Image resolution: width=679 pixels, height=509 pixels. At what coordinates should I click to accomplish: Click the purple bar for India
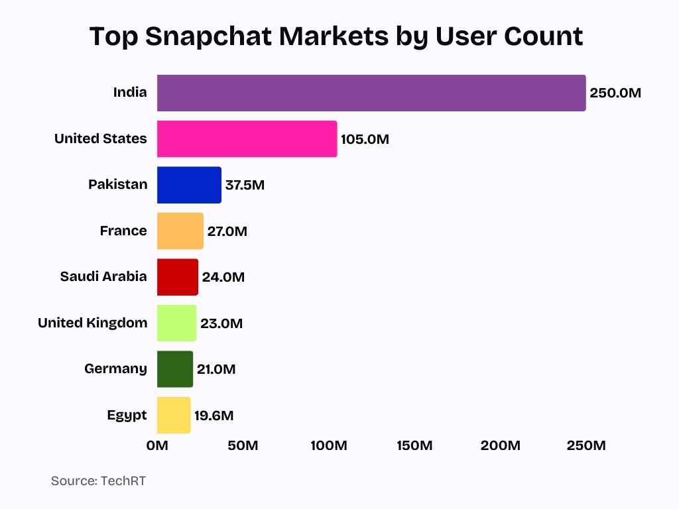click(x=371, y=93)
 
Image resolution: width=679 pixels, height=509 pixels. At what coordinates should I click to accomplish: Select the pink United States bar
click(x=247, y=139)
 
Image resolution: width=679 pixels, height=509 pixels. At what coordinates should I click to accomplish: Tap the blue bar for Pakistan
click(x=189, y=185)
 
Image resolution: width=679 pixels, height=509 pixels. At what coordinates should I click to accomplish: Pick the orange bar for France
click(x=180, y=231)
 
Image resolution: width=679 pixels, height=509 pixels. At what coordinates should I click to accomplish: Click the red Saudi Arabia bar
click(x=177, y=277)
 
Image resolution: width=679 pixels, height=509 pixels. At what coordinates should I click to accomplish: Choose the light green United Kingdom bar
click(x=176, y=323)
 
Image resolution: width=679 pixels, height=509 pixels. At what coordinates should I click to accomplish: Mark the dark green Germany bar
click(x=175, y=369)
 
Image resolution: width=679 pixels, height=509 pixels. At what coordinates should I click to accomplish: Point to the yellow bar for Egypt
click(x=174, y=416)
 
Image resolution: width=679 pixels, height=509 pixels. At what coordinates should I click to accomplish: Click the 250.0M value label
click(x=615, y=93)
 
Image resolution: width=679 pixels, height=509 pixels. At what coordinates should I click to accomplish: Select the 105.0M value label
click(x=365, y=139)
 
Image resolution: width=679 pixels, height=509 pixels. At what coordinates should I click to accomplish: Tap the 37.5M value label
click(x=245, y=185)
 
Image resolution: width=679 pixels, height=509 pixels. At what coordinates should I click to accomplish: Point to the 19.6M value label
click(x=214, y=416)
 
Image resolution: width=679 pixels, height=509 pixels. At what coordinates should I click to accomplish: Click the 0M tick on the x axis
click(x=157, y=445)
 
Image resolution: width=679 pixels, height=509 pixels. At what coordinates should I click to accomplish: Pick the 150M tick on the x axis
click(x=414, y=445)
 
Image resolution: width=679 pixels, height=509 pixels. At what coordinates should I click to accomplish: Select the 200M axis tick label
click(x=501, y=445)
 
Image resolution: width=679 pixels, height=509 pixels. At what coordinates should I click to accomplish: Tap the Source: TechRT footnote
click(x=98, y=481)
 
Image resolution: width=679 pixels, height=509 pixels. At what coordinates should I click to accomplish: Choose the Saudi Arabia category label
click(x=103, y=276)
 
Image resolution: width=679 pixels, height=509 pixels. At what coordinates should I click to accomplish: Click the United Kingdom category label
click(x=92, y=323)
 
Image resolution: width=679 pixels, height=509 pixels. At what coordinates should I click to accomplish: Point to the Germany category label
click(x=115, y=368)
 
